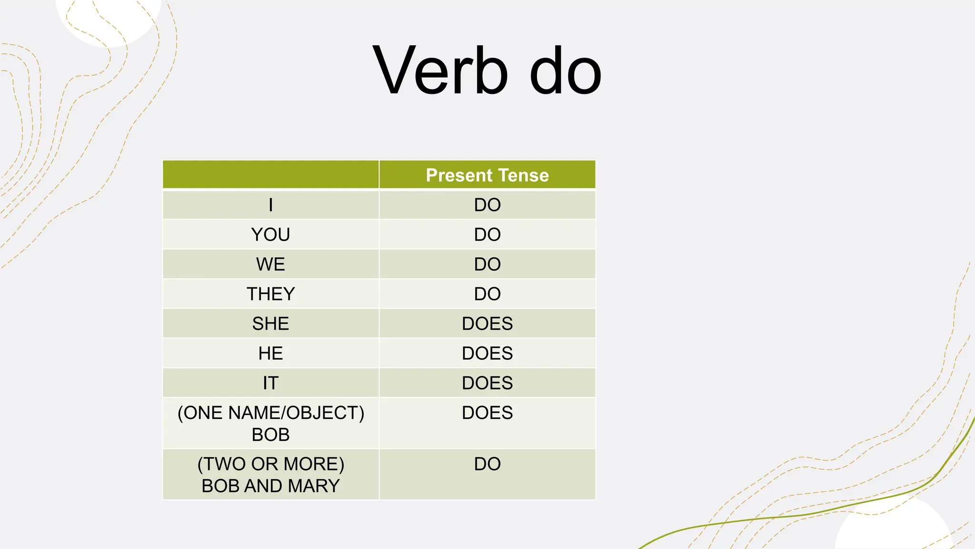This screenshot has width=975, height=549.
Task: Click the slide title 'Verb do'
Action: coord(487,71)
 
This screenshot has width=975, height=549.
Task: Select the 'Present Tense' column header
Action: coord(487,175)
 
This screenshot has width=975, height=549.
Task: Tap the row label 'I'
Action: coord(270,205)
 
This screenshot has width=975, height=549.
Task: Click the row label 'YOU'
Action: coord(270,234)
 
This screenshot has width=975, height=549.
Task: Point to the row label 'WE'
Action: coord(270,264)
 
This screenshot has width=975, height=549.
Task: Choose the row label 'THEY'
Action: coord(270,294)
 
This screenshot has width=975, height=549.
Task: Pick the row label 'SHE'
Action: coord(270,324)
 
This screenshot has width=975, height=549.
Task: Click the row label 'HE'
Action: coord(270,354)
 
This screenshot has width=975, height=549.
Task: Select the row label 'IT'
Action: coord(270,383)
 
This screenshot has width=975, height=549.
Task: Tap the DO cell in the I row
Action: coord(487,205)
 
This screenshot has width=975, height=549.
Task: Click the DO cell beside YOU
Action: coord(487,234)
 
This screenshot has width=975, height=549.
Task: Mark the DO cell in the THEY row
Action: coord(487,294)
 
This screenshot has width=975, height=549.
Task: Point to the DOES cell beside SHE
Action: coord(487,324)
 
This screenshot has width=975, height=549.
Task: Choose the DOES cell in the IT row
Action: coord(487,383)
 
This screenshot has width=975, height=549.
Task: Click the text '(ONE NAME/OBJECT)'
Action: coord(270,413)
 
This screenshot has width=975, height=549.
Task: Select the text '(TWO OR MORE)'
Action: coord(270,464)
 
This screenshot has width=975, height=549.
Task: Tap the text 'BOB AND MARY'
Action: coord(270,486)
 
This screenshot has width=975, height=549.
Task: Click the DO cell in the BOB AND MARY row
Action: coord(487,464)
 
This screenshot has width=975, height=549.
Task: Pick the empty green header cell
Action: coord(270,175)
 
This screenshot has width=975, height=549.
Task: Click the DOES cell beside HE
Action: coord(487,354)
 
